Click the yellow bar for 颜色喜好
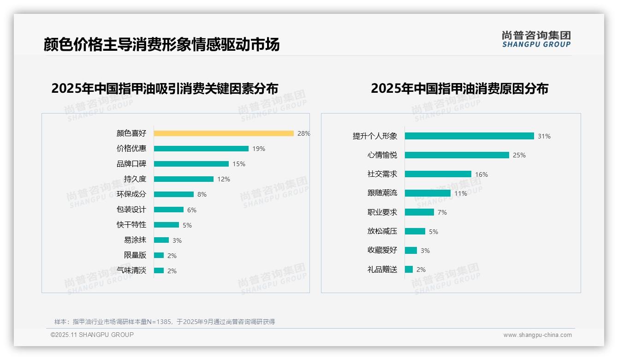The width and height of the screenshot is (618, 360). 224,133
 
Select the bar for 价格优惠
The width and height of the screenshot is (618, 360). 201,149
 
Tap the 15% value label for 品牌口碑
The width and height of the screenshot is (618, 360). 239,164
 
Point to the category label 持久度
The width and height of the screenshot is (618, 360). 135,179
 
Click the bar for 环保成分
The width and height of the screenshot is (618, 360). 174,194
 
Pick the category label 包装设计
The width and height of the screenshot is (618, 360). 131,210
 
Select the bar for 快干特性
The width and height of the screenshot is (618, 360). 166,225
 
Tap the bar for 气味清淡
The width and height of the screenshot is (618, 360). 159,270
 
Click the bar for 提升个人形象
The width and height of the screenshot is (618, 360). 469,136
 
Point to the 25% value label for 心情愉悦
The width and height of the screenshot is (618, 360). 519,155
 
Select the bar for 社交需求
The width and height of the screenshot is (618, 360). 438,174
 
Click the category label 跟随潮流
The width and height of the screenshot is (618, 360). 382,193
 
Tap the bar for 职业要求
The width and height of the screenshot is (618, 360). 420,212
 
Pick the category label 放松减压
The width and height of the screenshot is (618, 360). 382,231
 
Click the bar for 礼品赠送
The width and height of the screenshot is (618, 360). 409,269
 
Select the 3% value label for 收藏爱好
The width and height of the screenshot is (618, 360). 425,251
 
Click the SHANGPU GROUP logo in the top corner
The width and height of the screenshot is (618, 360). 536,39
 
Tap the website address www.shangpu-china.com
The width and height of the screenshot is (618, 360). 537,335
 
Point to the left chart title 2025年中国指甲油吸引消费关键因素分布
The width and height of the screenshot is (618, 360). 165,89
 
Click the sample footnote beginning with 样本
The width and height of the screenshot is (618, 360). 165,322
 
